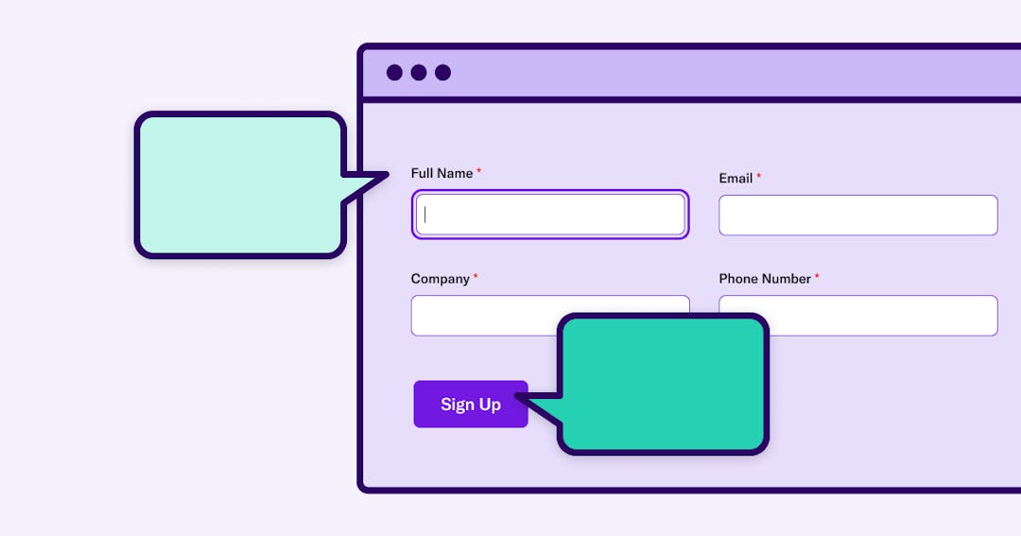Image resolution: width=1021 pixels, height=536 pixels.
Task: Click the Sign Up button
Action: coord(471,404)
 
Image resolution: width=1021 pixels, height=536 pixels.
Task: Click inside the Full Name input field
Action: coord(550,215)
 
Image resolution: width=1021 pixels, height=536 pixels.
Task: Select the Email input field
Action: coord(858,215)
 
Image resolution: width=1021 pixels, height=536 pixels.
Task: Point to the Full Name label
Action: coord(441,173)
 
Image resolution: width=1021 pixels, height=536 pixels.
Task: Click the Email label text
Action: coord(735,179)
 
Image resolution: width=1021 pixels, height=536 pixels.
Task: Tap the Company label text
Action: coord(441,279)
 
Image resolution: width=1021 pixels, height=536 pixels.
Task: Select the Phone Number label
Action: coord(765,279)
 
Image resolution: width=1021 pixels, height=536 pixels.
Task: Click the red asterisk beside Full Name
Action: coord(478,170)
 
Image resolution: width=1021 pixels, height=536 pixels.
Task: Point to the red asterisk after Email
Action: coord(758,175)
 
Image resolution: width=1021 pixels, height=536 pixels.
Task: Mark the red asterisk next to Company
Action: coord(476,275)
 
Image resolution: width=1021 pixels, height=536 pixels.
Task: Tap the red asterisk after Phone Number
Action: coord(817,275)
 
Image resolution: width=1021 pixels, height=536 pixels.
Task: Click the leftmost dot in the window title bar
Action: coord(394,72)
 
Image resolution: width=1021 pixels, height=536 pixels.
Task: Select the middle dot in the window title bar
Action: coord(419,72)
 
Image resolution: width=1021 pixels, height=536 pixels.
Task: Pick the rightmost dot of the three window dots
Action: coord(442,72)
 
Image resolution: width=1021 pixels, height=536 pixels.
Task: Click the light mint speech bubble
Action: coord(239,185)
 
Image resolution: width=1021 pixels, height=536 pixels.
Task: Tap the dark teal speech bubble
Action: coord(662,384)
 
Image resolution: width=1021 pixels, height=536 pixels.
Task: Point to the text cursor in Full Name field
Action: coord(425,215)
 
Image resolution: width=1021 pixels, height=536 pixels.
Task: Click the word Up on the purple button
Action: coord(490,406)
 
